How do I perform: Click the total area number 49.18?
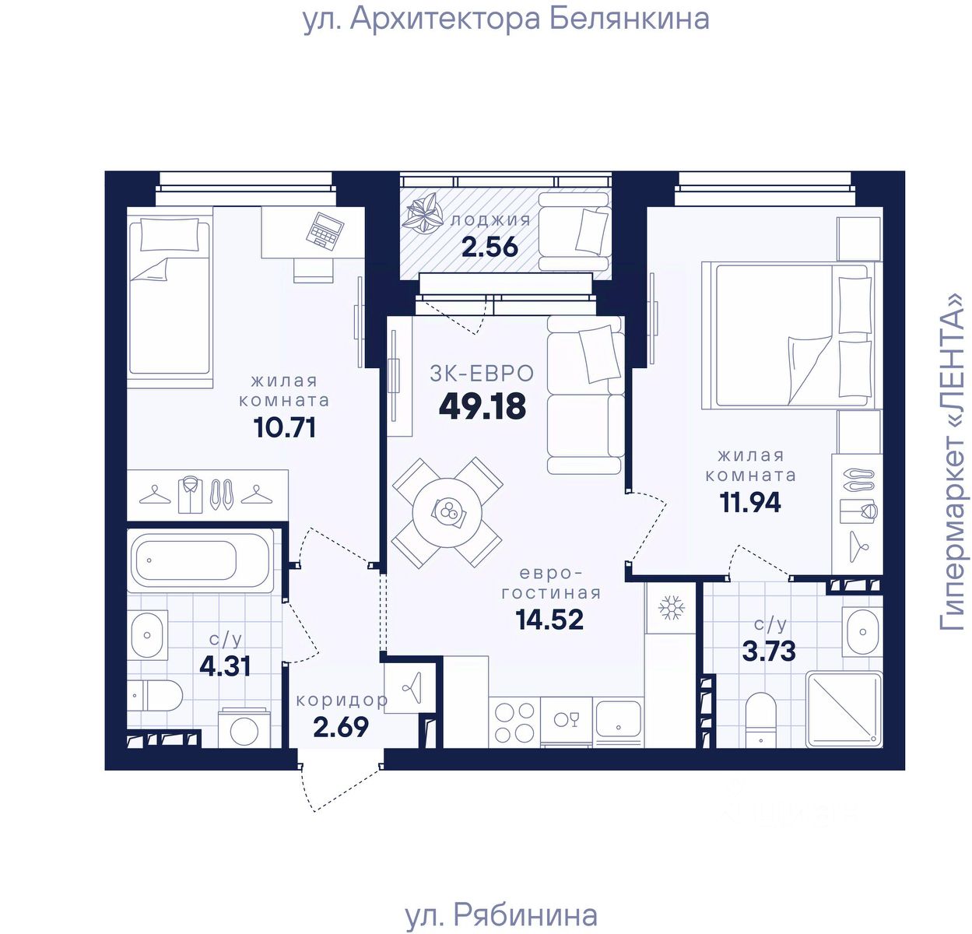(482, 406)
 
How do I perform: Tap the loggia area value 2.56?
(490, 247)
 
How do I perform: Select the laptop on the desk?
(325, 231)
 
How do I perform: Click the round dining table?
(447, 512)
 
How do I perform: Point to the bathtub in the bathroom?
(201, 561)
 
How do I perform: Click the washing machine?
(244, 729)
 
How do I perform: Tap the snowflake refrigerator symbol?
(672, 608)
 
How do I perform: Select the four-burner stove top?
(514, 723)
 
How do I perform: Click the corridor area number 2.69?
(341, 727)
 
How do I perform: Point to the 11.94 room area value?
(749, 502)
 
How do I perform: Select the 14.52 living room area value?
(549, 620)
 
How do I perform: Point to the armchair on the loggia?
(575, 232)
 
